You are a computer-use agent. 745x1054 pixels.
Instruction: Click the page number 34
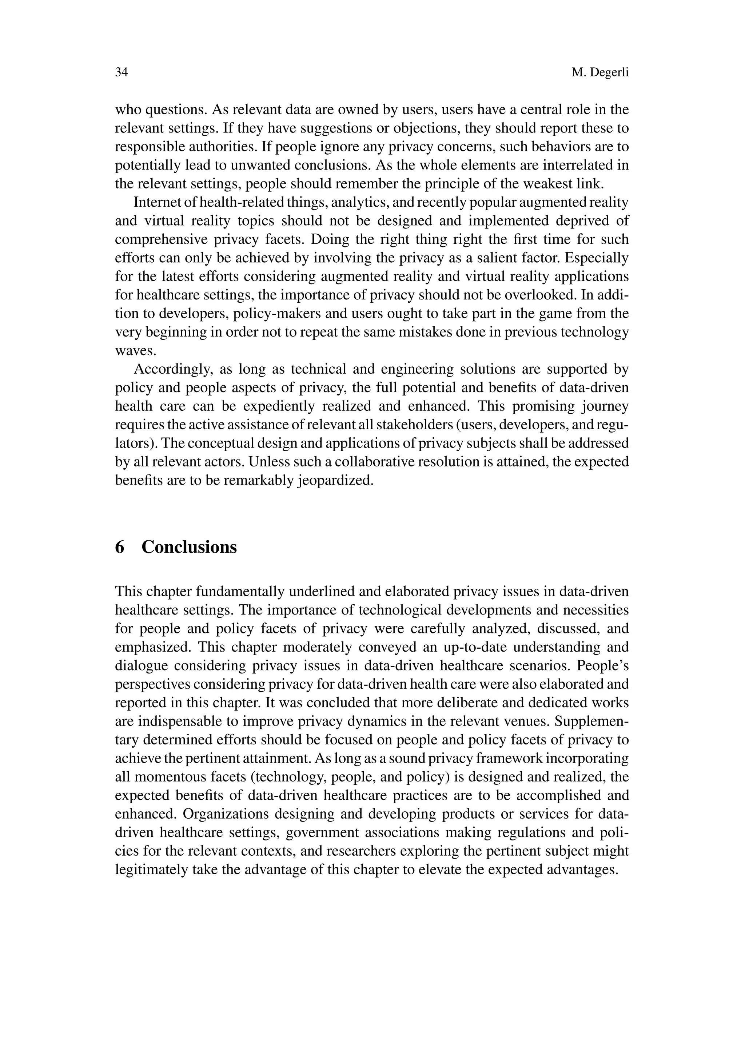[x=121, y=72]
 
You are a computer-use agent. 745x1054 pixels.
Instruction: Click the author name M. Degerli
[x=600, y=72]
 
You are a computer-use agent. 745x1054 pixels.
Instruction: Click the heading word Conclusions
[x=189, y=547]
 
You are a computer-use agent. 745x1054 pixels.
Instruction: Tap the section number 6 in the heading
[x=120, y=547]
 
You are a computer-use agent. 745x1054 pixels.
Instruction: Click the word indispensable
[x=180, y=721]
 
